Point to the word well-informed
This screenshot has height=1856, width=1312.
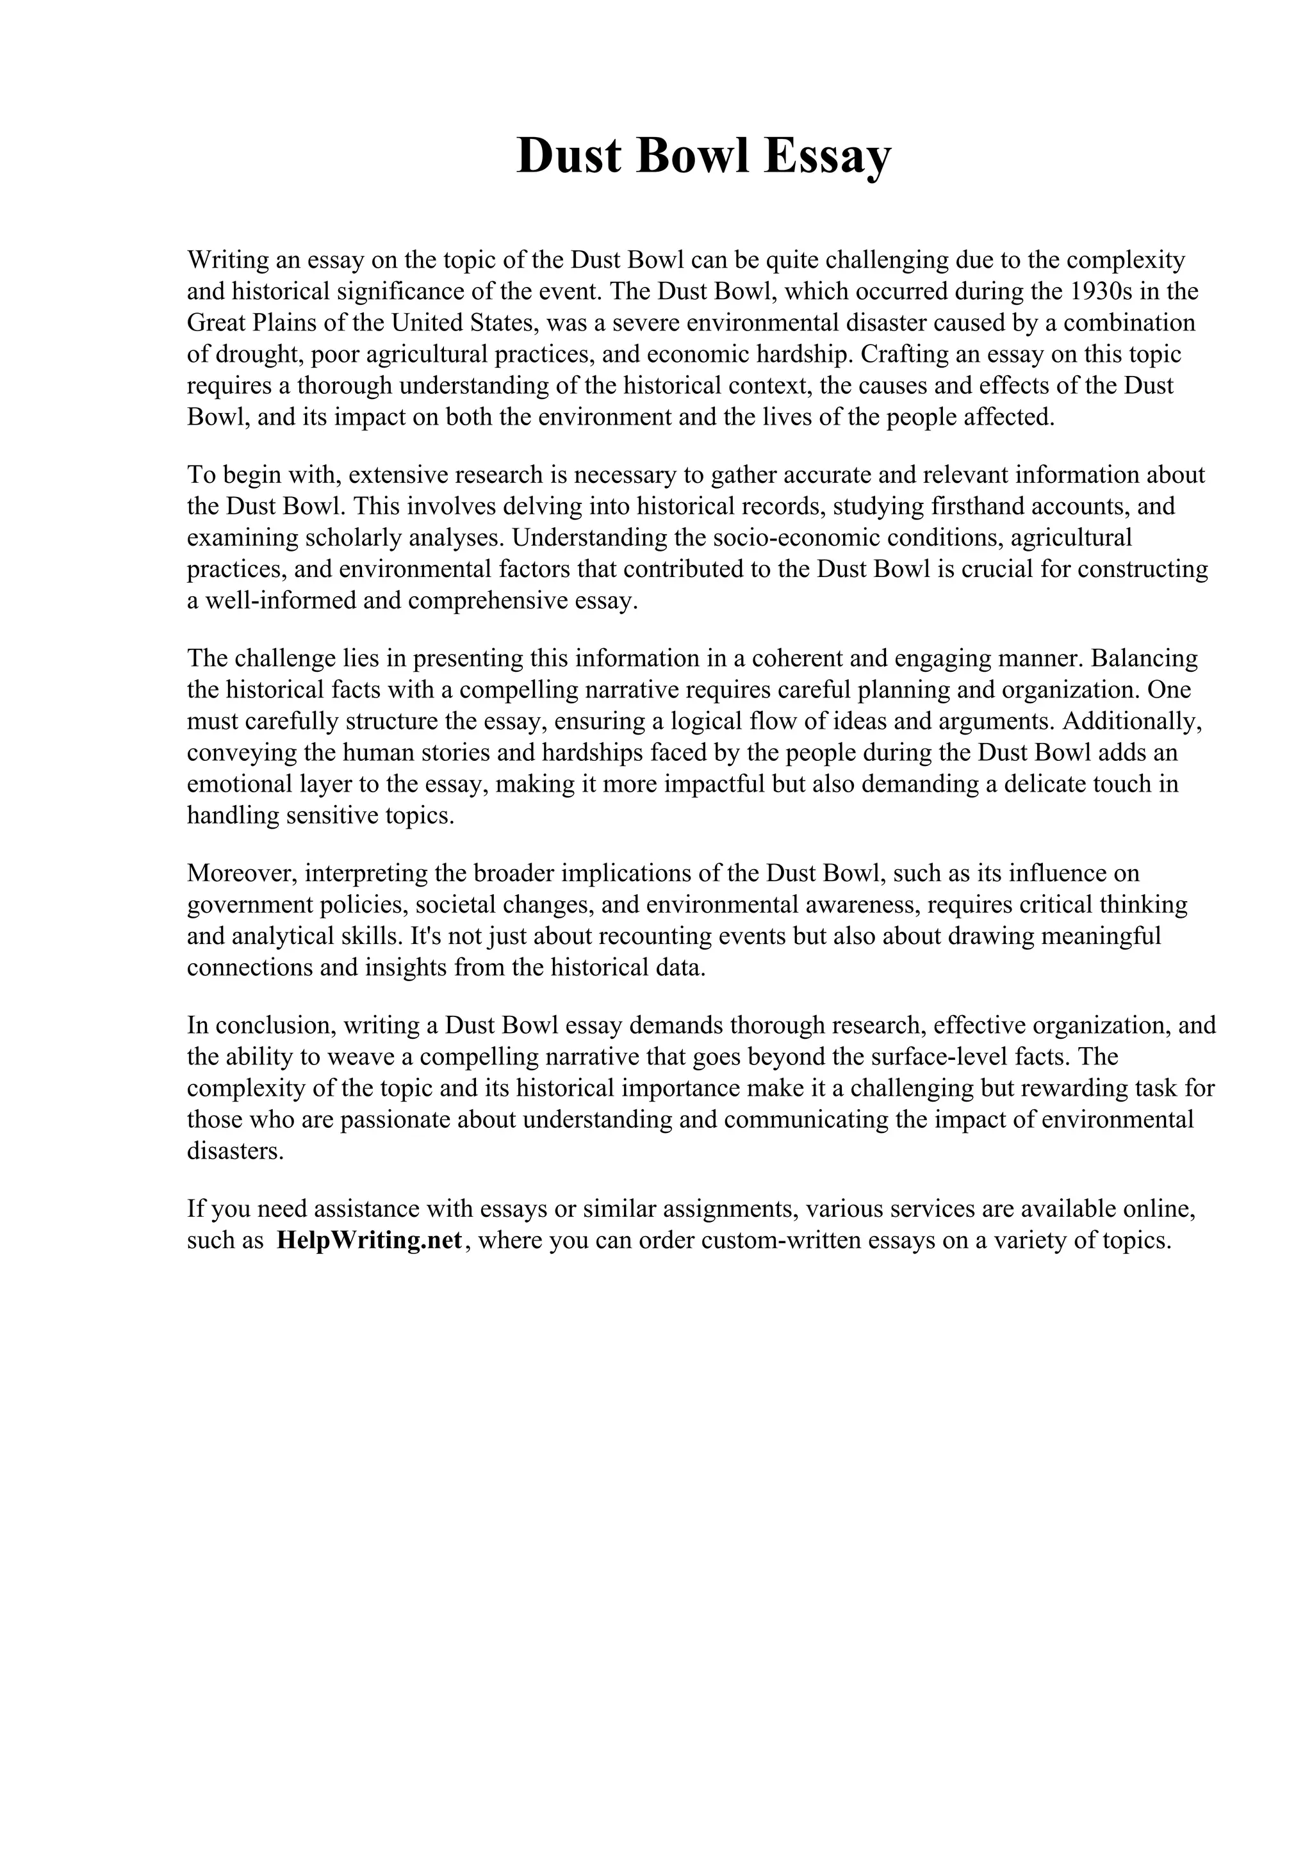pyautogui.click(x=279, y=601)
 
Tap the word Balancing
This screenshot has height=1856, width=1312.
pyautogui.click(x=1144, y=658)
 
